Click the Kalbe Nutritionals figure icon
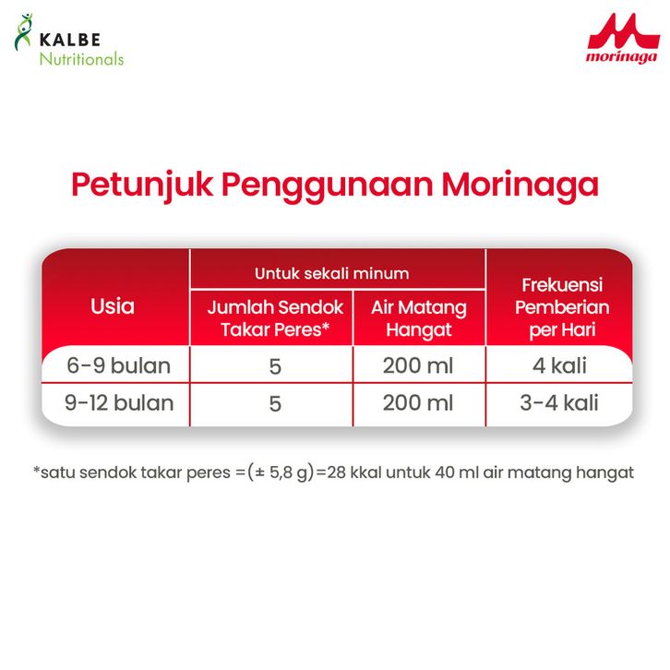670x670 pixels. click(23, 32)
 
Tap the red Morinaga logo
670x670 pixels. click(624, 39)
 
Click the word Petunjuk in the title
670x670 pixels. click(142, 185)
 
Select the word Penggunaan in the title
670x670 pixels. click(327, 185)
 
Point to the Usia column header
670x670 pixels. click(113, 306)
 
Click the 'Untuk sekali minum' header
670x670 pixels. click(331, 273)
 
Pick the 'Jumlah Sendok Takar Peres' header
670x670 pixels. click(275, 318)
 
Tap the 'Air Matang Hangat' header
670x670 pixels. click(419, 318)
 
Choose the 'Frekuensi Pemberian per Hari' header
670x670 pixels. click(562, 307)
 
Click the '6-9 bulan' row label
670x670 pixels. click(118, 365)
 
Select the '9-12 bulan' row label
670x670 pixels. click(119, 403)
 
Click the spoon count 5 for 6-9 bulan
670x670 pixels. click(275, 366)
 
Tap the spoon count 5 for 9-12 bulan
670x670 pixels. click(275, 404)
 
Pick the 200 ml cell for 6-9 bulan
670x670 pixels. click(418, 365)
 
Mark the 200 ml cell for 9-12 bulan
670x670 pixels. click(418, 403)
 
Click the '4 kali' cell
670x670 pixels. click(559, 365)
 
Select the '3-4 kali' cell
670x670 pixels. click(559, 403)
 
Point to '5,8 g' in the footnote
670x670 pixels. click(288, 473)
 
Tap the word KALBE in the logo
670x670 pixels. click(70, 40)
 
